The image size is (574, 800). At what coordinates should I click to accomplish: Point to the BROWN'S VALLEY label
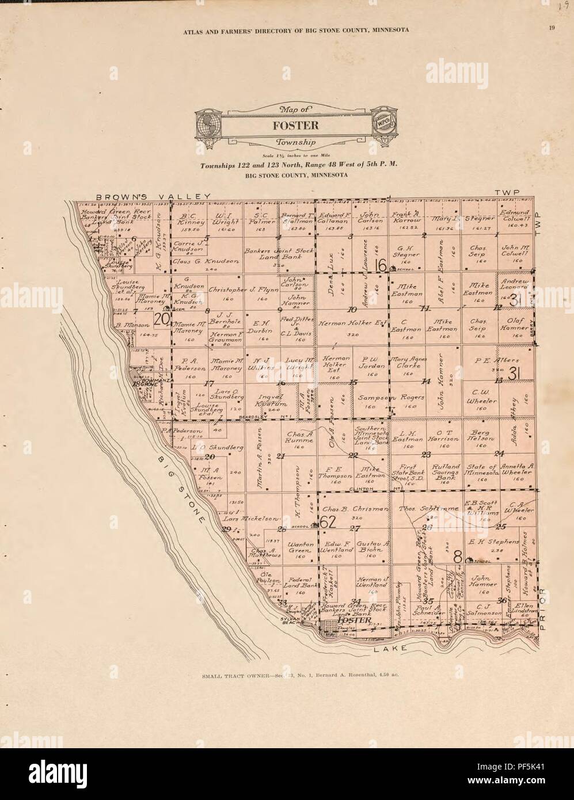(x=146, y=196)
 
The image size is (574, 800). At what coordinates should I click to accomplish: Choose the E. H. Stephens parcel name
(x=495, y=542)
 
